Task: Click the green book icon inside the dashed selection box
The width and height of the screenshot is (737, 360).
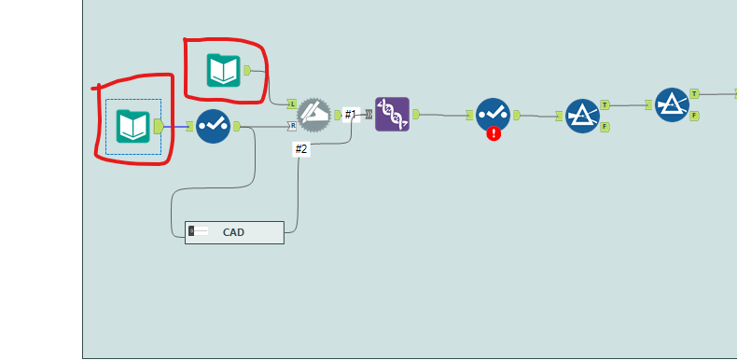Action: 133,126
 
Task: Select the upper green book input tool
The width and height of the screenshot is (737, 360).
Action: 224,70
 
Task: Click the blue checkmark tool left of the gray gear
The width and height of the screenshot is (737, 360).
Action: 213,126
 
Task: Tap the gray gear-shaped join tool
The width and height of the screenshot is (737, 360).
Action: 313,115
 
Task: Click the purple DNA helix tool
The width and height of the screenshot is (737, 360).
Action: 392,114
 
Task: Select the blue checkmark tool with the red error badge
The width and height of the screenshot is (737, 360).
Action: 493,115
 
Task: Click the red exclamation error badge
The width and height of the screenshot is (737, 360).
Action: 494,133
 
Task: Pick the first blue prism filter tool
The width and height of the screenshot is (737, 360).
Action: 582,116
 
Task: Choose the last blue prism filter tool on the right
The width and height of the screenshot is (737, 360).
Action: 672,104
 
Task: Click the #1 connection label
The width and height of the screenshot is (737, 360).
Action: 351,115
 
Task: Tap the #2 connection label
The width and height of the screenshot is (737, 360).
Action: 300,149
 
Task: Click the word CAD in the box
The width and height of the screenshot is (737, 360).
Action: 233,232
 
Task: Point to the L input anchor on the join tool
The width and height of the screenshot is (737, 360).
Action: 292,104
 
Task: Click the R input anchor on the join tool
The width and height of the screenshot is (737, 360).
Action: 292,126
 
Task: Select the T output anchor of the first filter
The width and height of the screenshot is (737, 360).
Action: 605,104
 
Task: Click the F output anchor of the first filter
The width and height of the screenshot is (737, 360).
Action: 605,127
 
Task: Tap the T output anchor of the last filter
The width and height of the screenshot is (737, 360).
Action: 695,93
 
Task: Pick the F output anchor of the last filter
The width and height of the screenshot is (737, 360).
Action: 695,116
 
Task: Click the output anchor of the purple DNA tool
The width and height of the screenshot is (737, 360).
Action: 415,115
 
